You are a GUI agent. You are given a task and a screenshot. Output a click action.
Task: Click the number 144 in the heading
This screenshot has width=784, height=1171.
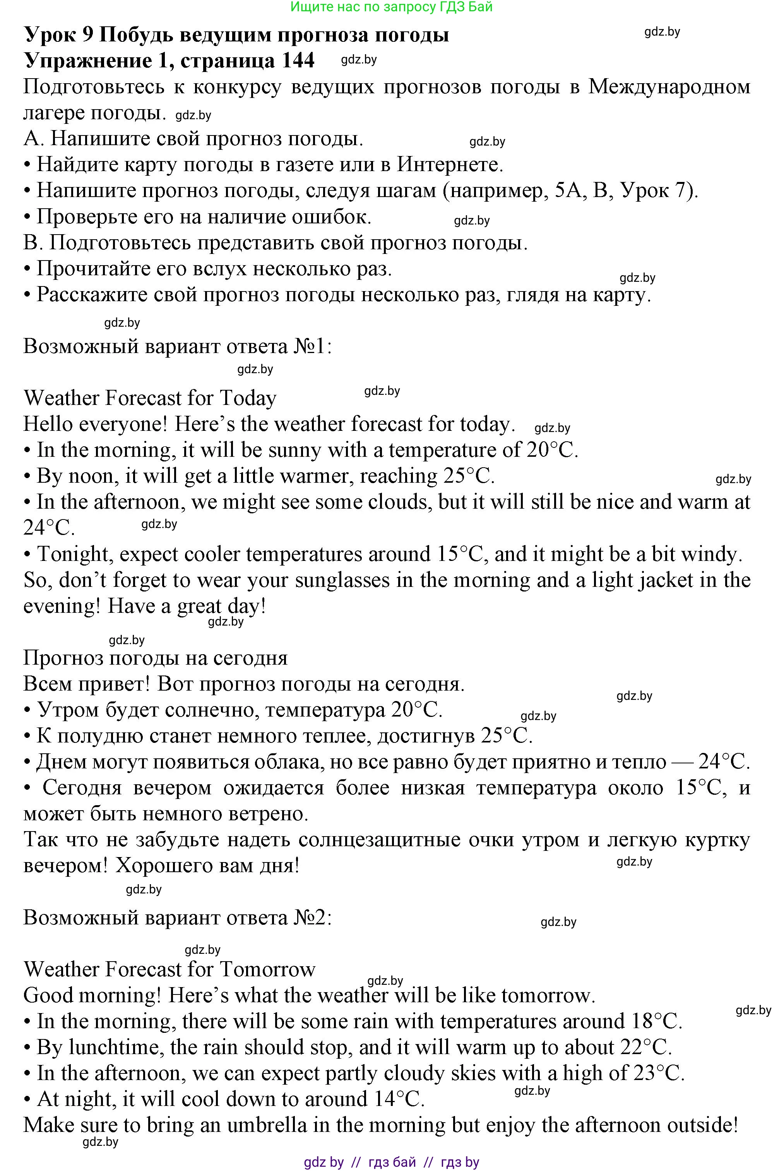click(298, 60)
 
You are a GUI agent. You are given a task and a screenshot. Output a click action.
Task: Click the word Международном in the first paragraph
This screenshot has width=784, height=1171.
click(669, 87)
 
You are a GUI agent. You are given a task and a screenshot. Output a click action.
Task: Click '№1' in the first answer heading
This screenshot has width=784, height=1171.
click(310, 346)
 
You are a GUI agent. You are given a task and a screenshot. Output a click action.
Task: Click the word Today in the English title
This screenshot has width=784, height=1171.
click(248, 398)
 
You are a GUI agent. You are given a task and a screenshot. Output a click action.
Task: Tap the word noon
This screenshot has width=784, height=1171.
click(93, 476)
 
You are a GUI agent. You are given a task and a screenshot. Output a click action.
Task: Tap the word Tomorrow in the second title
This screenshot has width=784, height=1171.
click(267, 969)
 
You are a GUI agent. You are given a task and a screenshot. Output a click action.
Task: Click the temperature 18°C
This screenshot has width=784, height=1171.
click(656, 1022)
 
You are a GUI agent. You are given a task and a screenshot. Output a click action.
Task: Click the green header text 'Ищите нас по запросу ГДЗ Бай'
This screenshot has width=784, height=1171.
click(392, 7)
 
